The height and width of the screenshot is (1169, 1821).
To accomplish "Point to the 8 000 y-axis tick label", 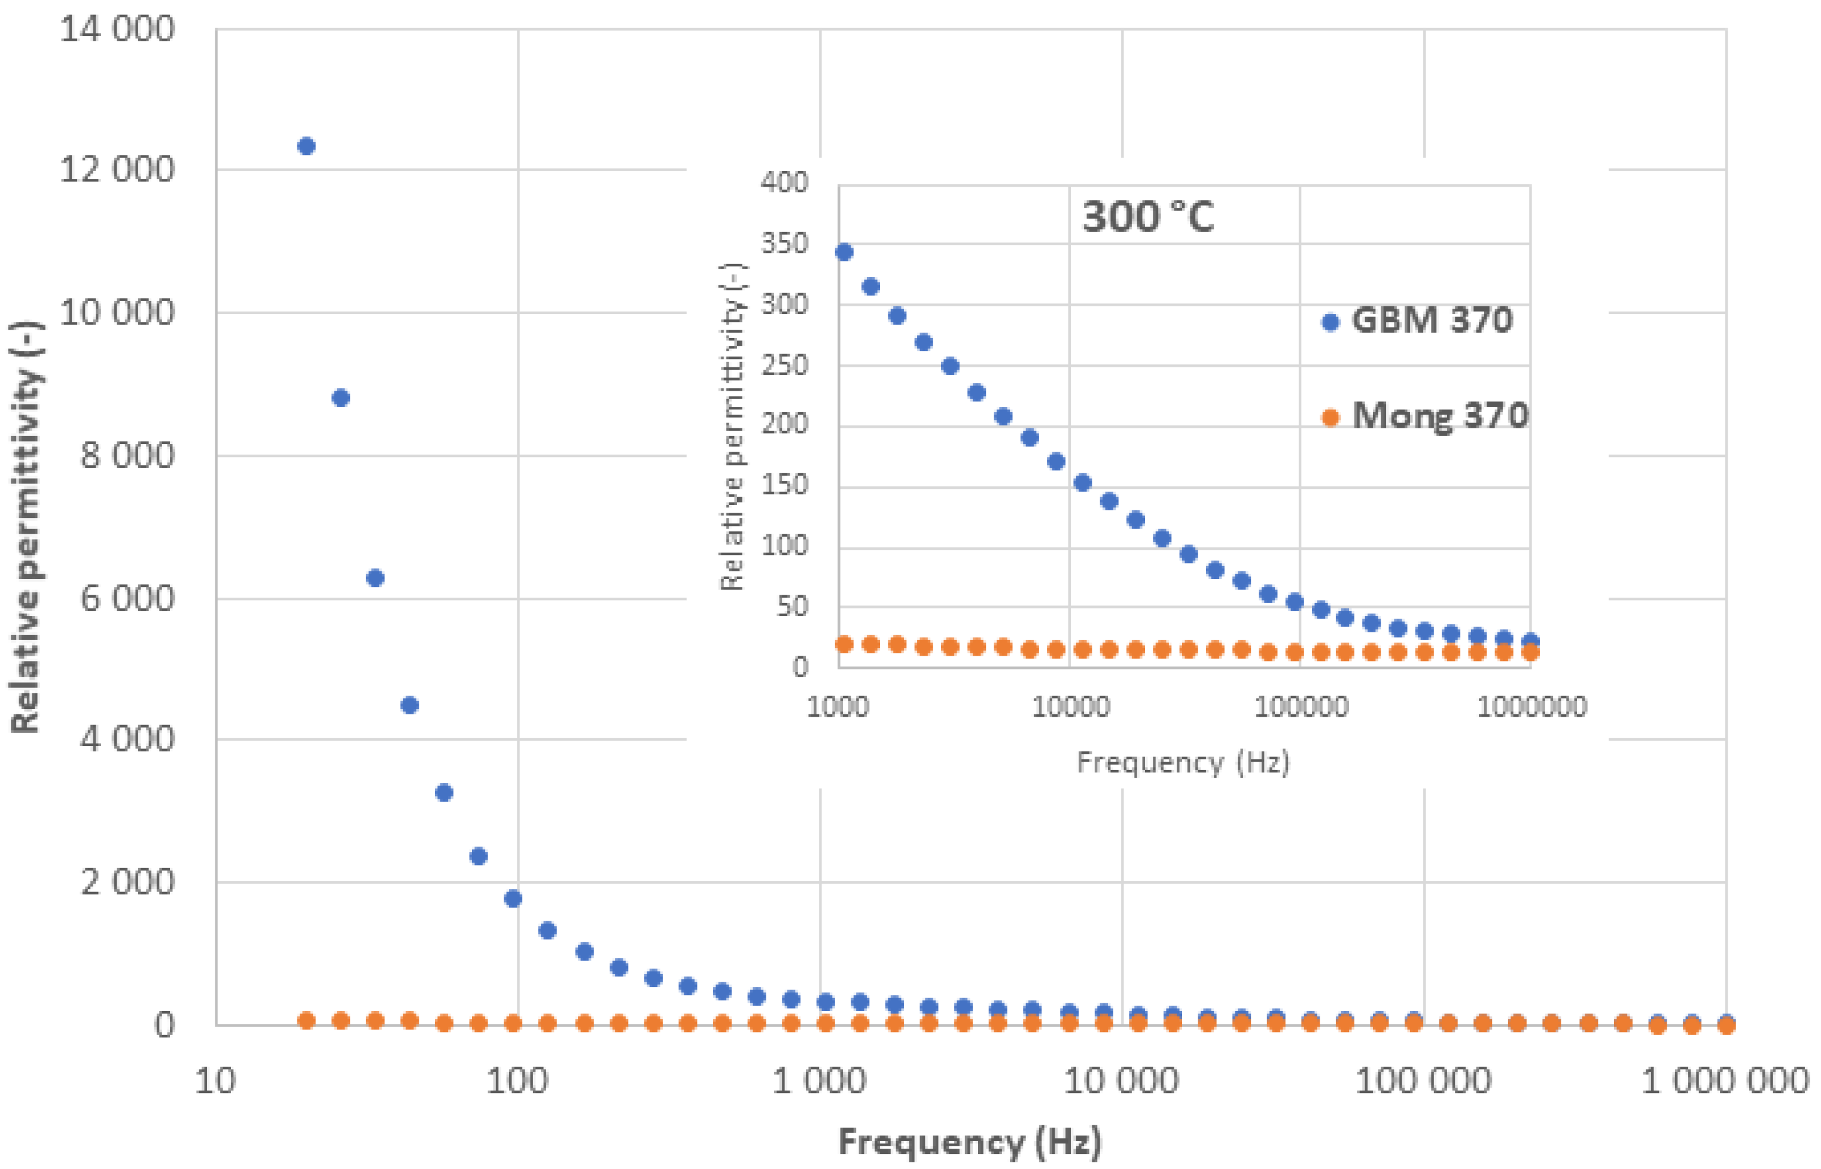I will coord(127,455).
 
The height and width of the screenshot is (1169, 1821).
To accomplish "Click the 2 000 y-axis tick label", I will coord(127,882).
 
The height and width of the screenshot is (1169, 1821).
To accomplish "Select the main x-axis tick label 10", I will coord(215,1081).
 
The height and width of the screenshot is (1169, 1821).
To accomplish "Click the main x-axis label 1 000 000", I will coord(1725,1081).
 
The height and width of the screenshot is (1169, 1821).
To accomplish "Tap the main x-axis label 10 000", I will coord(1121,1081).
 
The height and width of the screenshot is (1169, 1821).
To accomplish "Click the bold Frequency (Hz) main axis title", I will coord(970,1141).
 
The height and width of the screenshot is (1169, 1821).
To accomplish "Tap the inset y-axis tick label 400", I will coord(785,182).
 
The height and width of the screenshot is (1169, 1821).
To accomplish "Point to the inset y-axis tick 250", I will coord(785,365).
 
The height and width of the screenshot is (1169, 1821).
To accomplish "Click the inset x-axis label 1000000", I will coord(1531,707).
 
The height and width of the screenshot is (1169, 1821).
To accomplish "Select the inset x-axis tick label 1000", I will coord(838,707).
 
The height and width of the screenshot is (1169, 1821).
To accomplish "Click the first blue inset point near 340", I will coord(844,252).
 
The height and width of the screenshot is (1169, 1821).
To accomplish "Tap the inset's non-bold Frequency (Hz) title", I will coord(1183,762).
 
